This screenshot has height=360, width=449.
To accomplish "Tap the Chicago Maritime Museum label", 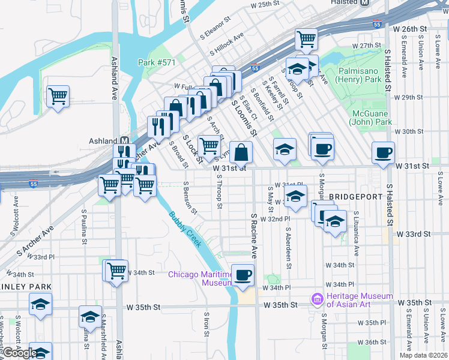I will coord(200,278).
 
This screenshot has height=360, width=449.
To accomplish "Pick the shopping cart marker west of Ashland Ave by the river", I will coord(58,95).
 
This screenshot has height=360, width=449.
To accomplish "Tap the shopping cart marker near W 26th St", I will coord(306,39).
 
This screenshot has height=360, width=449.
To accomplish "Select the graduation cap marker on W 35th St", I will coord(91,316).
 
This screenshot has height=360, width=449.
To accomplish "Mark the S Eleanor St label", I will coord(215,28).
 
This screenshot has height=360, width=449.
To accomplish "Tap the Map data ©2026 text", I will coord(423,355).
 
